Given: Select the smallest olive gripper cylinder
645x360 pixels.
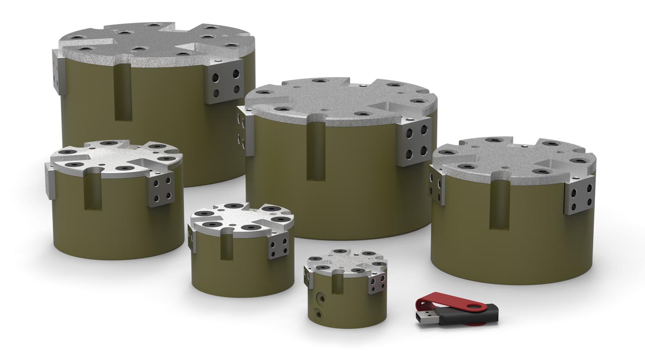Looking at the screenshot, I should click(x=348, y=303).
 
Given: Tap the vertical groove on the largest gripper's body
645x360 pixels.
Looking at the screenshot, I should click(x=123, y=93).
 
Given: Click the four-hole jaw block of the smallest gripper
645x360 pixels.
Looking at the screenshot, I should click(x=376, y=283).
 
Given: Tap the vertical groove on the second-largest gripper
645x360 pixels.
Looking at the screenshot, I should click(x=315, y=151).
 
